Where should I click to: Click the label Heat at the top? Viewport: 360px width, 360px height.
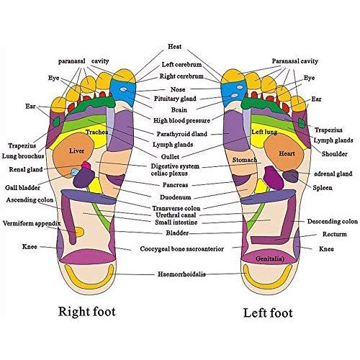point(174,46)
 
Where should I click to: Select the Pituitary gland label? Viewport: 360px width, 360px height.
point(176,97)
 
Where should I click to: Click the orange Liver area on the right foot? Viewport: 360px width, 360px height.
point(77,153)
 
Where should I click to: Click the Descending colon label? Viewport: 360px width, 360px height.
point(332,222)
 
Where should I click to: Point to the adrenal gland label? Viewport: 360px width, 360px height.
point(333,174)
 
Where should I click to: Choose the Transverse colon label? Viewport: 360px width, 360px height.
point(178,208)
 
